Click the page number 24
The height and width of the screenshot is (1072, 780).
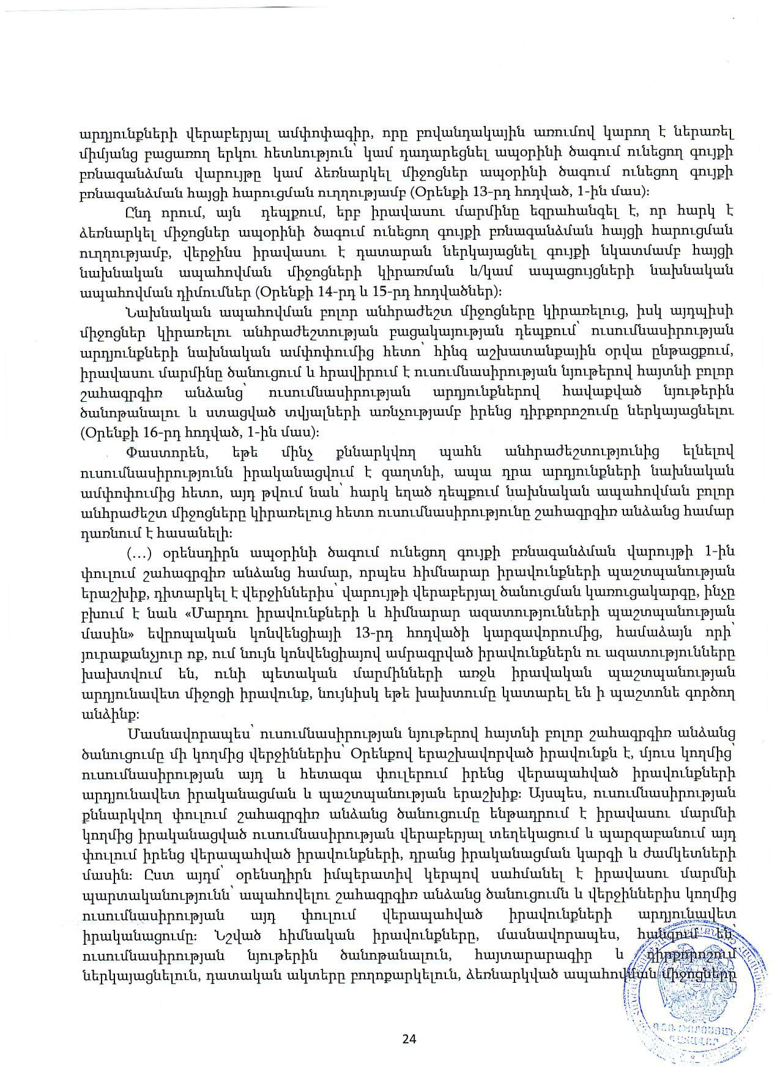(x=409, y=1039)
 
